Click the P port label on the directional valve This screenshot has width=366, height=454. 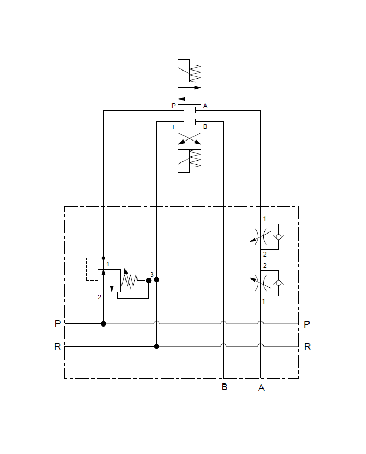[174, 106]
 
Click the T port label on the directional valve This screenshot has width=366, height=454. [174, 127]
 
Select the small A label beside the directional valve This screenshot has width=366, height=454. [205, 106]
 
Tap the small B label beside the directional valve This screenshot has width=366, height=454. [205, 127]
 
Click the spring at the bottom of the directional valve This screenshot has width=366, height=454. [195, 159]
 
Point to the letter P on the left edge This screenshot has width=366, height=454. [58, 324]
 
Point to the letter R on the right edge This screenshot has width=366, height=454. [307, 346]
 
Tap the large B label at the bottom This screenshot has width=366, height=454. [224, 388]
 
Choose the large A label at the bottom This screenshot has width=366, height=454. [261, 388]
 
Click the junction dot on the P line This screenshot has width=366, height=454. [104, 324]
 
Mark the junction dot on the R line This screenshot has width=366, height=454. [156, 346]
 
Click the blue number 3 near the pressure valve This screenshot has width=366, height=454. [152, 275]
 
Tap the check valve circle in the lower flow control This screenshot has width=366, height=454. [277, 283]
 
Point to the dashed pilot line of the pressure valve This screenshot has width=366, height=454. [87, 269]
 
